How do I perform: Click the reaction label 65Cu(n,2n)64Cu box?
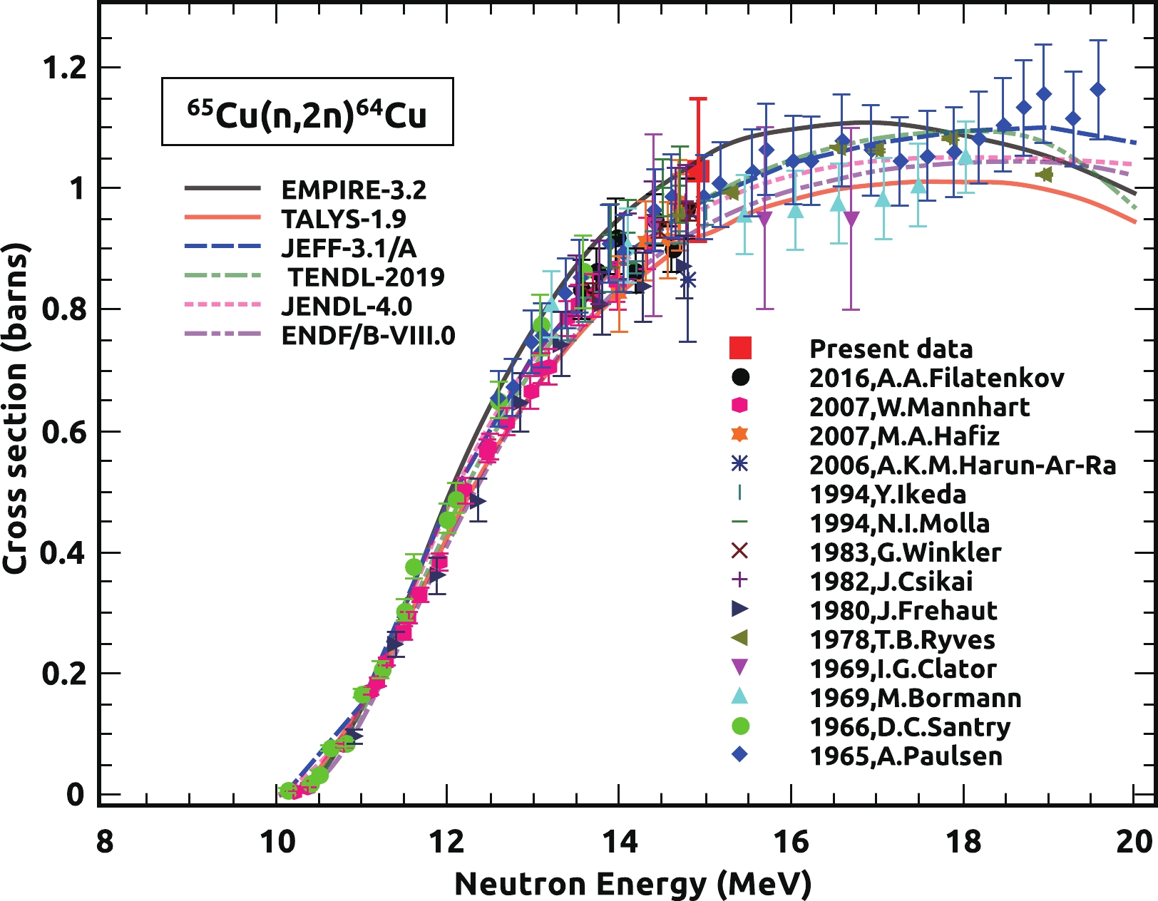click(307, 112)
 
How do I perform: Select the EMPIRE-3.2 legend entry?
click(354, 190)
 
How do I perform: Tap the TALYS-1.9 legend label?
click(344, 220)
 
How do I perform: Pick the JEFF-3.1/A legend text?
click(349, 248)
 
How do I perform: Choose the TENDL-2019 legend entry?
click(366, 277)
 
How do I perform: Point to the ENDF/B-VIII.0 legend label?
click(368, 335)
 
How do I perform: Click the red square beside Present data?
click(740, 348)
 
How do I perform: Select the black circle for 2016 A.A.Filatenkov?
click(740, 376)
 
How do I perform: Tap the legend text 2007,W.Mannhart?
click(919, 407)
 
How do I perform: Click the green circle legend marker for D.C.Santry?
click(740, 726)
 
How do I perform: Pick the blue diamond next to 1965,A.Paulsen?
click(740, 754)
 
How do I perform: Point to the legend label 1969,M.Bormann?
click(916, 698)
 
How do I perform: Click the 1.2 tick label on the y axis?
click(65, 68)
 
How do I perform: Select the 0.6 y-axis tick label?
click(65, 431)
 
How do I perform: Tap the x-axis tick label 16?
click(791, 842)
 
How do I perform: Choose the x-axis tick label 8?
click(104, 842)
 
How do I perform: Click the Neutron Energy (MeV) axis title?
click(632, 884)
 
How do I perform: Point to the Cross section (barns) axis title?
click(16, 408)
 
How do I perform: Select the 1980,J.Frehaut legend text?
click(903, 611)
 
